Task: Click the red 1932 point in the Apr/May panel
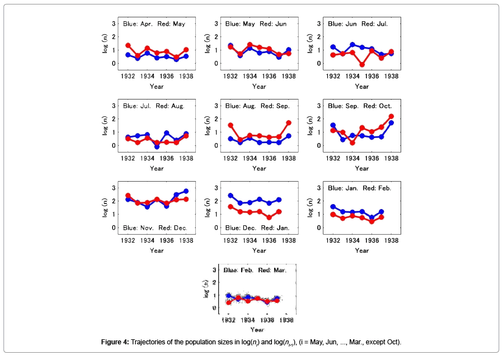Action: tap(128, 45)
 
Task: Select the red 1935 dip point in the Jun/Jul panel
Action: tap(362, 65)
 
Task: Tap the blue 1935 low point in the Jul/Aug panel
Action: tap(157, 146)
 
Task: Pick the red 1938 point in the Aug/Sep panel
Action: tap(289, 123)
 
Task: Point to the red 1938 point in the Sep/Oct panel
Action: tap(391, 116)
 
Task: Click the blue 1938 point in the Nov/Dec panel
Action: tap(186, 191)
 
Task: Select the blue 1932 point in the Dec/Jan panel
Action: tap(231, 196)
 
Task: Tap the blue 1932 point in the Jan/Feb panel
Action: tap(333, 207)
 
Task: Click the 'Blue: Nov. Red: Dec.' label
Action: tap(156, 228)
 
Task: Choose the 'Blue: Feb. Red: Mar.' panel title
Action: tap(255, 270)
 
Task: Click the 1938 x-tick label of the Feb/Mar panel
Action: tap(286, 320)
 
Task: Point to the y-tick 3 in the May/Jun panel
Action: tap(217, 23)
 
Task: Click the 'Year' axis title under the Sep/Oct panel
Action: tap(362, 168)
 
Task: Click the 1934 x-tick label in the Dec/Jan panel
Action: tap(249, 240)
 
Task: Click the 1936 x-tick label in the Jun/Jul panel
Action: tap(372, 75)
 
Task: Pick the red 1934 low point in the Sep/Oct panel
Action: tap(352, 143)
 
